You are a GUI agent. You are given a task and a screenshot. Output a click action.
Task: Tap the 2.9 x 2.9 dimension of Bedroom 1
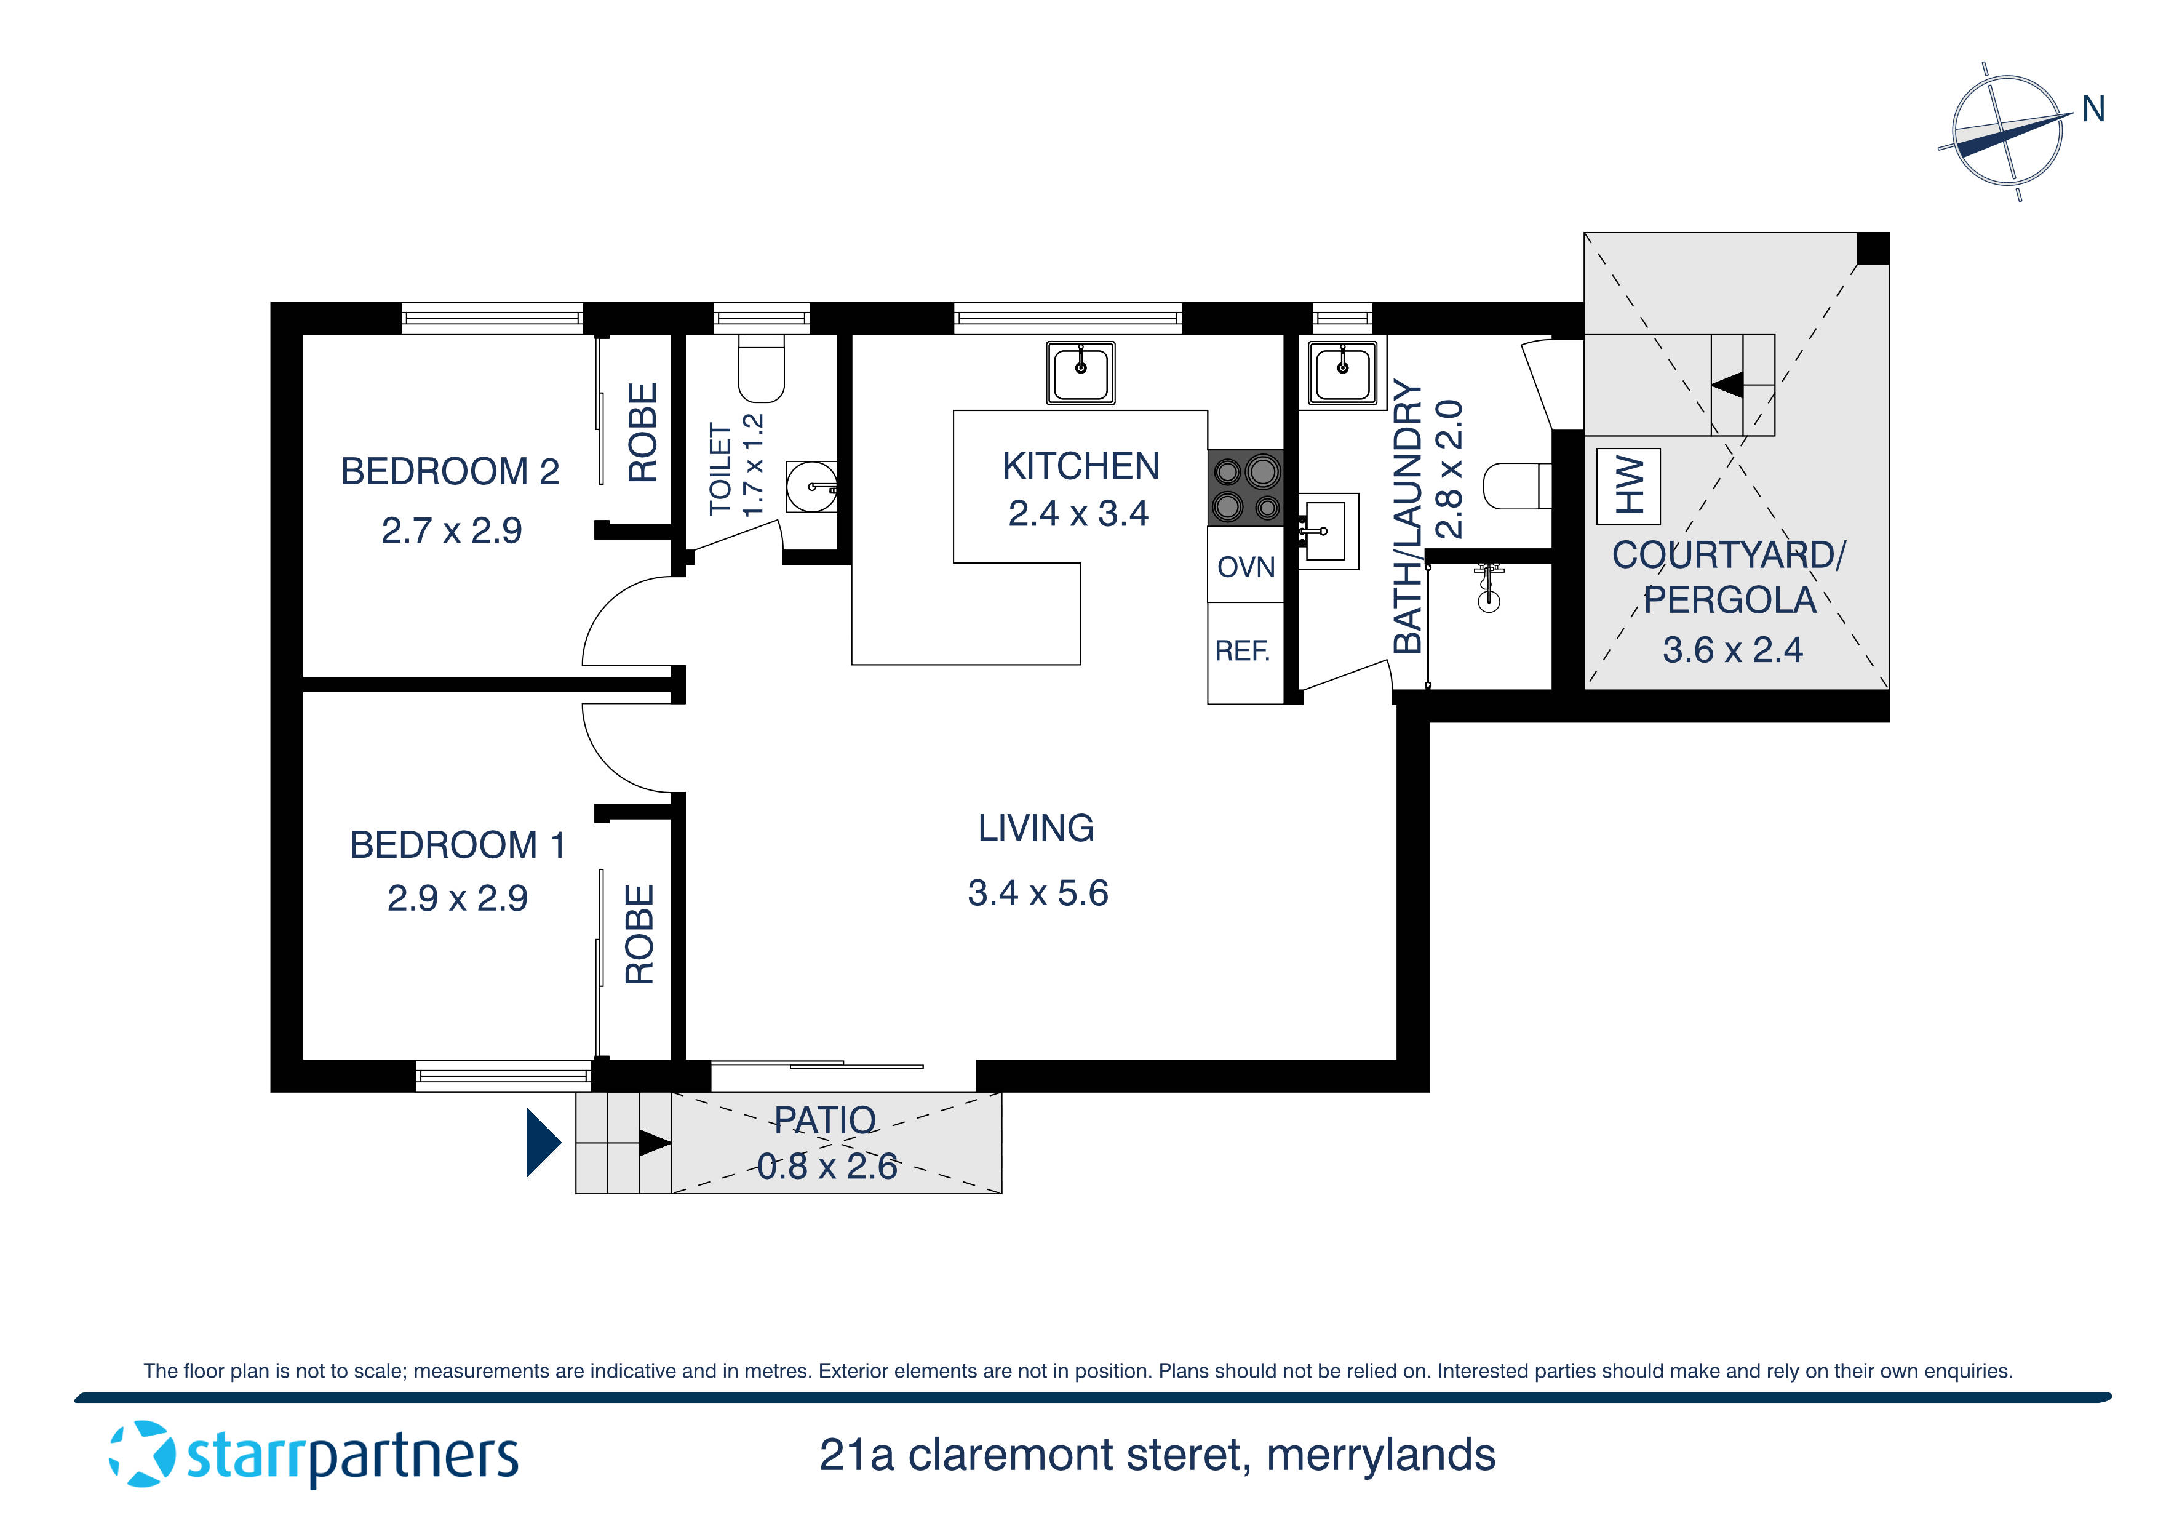[x=457, y=898]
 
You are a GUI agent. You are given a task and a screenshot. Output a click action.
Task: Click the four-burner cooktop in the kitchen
[x=1245, y=488]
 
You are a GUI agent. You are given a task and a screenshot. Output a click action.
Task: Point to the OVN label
[x=1245, y=567]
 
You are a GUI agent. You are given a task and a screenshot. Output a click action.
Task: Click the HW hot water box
[x=1628, y=486]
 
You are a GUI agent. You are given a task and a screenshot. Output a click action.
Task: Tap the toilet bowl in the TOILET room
[x=762, y=372]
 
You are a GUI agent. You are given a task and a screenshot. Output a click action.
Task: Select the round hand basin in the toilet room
[x=810, y=486]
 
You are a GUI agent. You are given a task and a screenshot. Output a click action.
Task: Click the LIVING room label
[x=1036, y=828]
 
